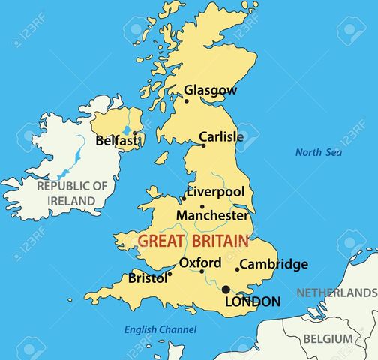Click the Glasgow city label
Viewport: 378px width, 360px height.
[211, 90]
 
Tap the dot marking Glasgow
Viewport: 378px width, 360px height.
[187, 100]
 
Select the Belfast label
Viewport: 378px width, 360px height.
[116, 140]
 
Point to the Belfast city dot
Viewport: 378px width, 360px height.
[135, 134]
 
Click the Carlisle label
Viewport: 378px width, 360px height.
[221, 137]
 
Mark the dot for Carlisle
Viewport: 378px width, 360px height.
[203, 145]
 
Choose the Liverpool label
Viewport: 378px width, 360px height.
[215, 192]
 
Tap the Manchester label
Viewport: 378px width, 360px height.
[212, 215]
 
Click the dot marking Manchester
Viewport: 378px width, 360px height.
[202, 206]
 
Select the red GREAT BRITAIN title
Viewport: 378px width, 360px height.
[193, 241]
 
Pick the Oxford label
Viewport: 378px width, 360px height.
[200, 262]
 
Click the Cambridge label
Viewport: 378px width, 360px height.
[274, 264]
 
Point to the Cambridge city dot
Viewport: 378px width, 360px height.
[238, 269]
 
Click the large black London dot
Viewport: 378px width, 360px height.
[226, 289]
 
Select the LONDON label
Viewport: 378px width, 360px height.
[253, 301]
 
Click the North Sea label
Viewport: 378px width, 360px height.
[319, 152]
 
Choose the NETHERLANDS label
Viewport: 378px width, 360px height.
[337, 292]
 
